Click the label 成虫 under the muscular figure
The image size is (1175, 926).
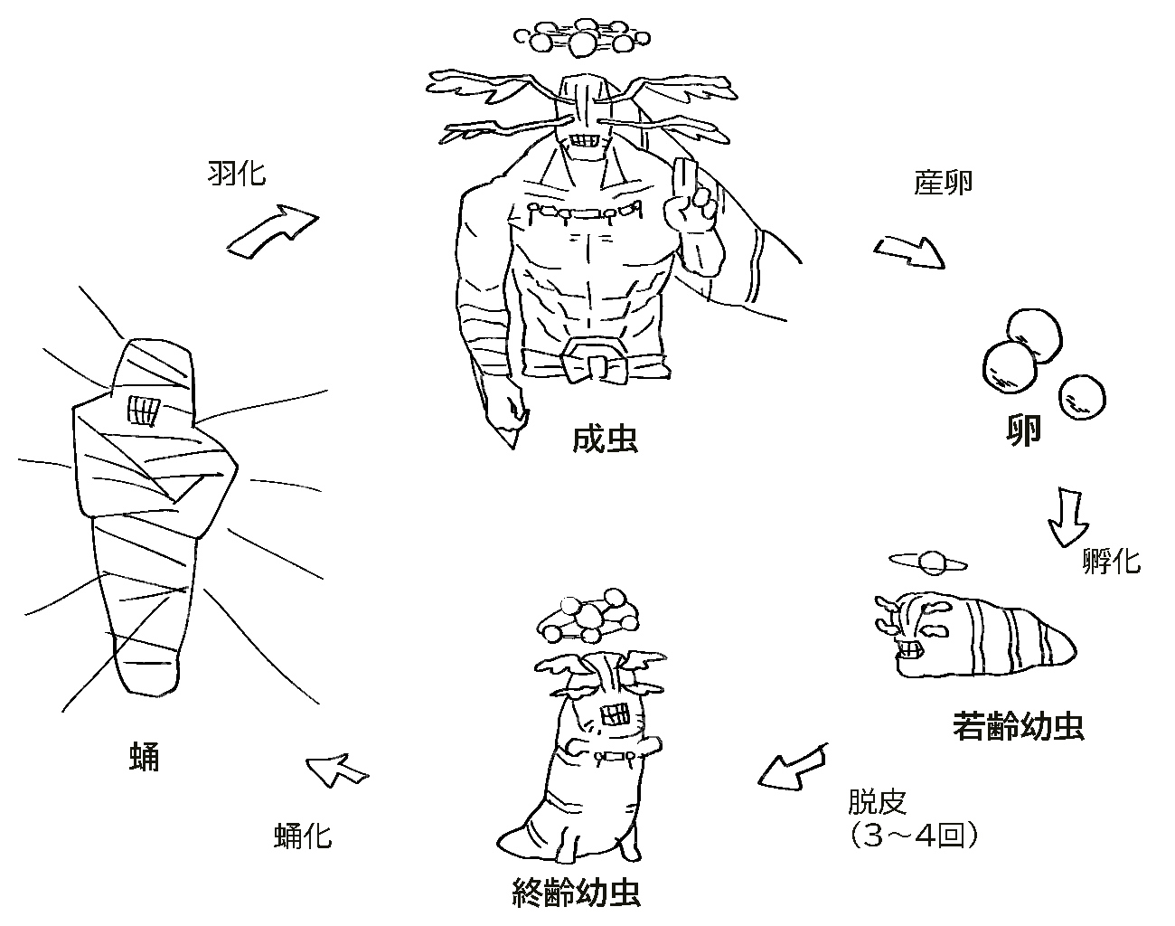[605, 439]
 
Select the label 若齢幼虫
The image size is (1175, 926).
[1018, 725]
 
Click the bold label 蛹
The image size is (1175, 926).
[145, 756]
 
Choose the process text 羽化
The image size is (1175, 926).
[236, 172]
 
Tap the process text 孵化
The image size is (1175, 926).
[1111, 562]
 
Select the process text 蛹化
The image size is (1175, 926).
[303, 836]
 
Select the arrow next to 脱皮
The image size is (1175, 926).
[792, 767]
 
